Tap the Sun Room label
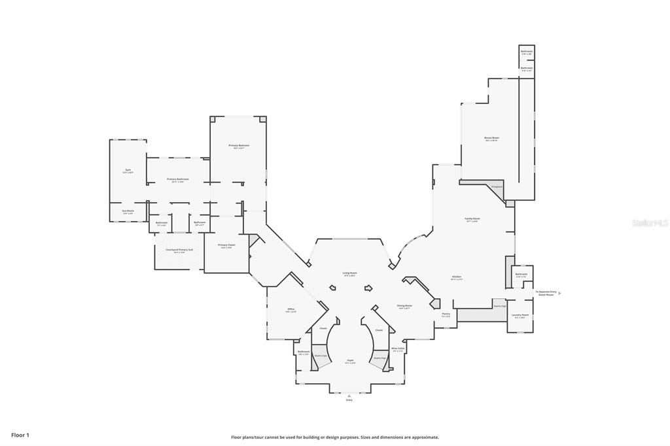[128, 211]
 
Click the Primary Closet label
[226, 245]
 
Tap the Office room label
[291, 309]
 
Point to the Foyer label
[350, 360]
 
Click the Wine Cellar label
[398, 349]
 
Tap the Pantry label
[446, 314]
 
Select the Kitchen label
[456, 277]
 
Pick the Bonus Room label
[491, 138]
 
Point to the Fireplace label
[496, 186]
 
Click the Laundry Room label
[520, 315]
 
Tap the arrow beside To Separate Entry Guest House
[559, 293]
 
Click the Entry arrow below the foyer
[349, 395]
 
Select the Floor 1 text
[20, 435]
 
